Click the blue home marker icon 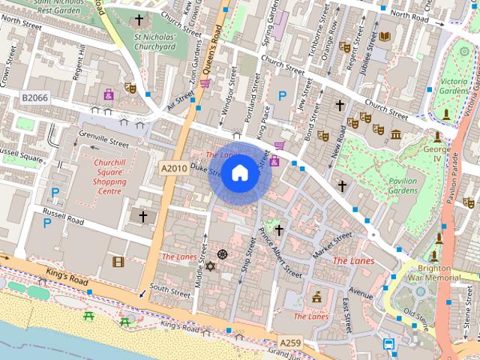coord(238,173)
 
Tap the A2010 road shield coord(173,169)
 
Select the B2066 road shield coord(34,98)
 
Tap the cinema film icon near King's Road coord(118,262)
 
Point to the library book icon coord(385,36)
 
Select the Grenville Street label coord(109,141)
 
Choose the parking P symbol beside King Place coord(282,95)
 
